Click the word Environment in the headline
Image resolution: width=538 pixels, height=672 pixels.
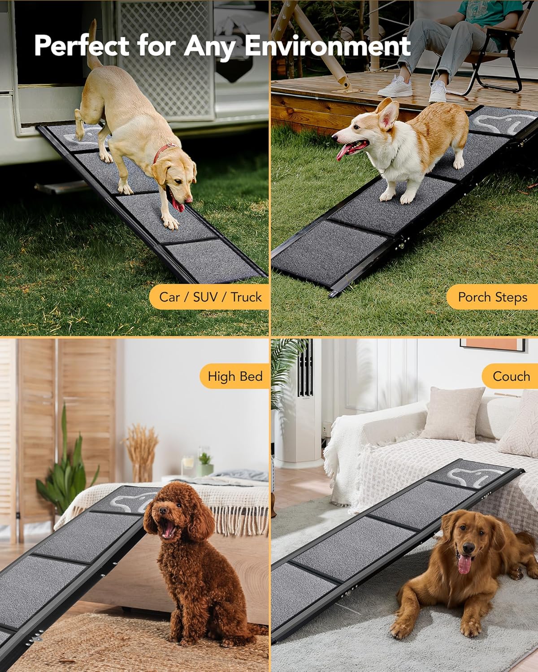328,46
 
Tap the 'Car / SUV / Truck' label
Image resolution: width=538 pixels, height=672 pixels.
210,297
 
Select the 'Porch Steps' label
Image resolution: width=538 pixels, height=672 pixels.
493,297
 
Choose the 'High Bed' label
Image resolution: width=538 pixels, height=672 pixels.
235,376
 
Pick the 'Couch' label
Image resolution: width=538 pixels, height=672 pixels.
511,376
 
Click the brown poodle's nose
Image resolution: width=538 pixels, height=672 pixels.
163,510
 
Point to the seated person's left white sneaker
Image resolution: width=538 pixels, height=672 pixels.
395,86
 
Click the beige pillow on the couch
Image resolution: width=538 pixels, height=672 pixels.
452,414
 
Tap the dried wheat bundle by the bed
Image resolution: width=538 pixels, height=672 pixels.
140,452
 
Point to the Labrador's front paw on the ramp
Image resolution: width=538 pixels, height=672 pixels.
171,222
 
